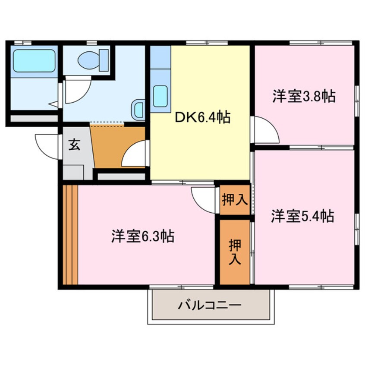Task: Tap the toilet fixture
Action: (x=94, y=60)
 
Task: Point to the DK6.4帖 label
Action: (x=202, y=117)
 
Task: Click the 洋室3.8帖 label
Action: (x=304, y=96)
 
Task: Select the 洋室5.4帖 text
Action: (x=303, y=215)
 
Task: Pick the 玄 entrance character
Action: (x=75, y=145)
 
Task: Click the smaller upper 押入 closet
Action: (x=234, y=199)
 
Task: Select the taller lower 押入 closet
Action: (x=234, y=252)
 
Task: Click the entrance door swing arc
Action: (x=47, y=147)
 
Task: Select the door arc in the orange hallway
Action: (x=134, y=155)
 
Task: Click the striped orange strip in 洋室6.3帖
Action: (x=69, y=235)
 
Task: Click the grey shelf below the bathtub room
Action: (x=34, y=118)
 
